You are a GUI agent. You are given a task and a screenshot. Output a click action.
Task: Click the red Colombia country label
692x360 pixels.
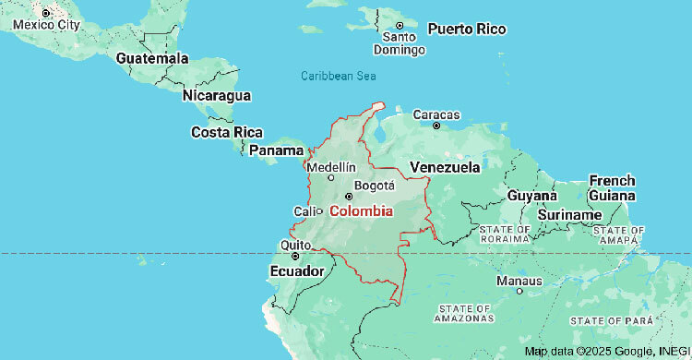click(361, 211)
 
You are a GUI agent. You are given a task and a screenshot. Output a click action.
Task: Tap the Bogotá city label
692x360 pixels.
click(375, 185)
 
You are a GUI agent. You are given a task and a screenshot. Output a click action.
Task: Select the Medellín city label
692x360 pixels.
click(329, 167)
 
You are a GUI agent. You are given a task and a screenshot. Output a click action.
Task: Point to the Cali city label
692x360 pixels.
click(304, 211)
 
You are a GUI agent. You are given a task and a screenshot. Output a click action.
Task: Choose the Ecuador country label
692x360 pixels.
click(296, 271)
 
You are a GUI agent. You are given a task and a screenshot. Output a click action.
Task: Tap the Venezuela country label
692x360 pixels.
click(445, 167)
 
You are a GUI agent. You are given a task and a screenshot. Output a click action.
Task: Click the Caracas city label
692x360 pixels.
click(435, 114)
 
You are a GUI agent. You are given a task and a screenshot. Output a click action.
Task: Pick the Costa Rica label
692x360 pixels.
click(227, 132)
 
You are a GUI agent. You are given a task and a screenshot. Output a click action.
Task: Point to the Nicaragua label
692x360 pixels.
click(217, 95)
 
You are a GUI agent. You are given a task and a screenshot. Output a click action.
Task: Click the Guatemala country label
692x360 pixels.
click(152, 58)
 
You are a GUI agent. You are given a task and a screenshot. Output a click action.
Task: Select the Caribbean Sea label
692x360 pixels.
click(337, 76)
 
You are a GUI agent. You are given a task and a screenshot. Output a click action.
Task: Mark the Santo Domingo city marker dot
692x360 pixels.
click(400, 26)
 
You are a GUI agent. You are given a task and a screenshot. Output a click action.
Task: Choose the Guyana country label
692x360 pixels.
click(531, 197)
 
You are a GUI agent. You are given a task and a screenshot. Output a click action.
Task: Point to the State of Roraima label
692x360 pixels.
click(504, 234)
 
